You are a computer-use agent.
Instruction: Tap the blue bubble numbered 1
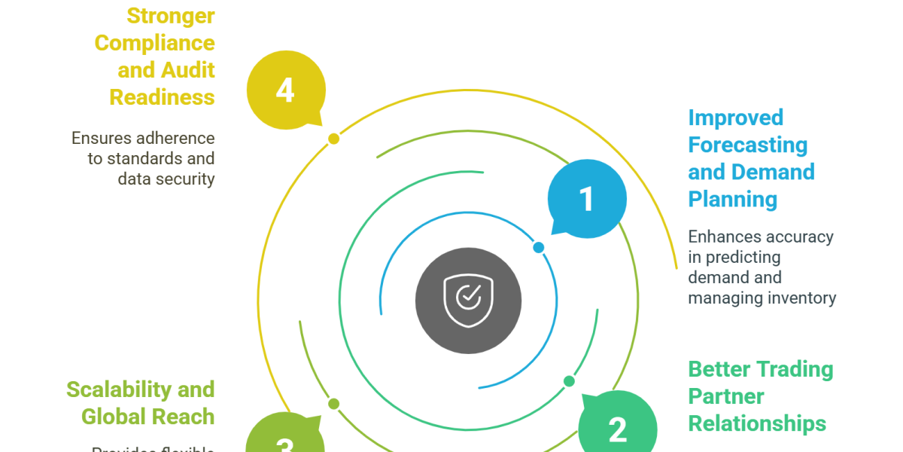coord(586,198)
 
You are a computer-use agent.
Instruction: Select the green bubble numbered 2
coord(617,428)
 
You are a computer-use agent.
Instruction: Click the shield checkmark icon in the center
coord(468,300)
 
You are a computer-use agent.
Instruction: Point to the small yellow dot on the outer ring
coord(334,139)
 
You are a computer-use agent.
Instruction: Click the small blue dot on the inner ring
coord(538,247)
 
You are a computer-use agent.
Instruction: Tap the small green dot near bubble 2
coord(569,381)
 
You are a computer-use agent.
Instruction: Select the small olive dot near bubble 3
coord(334,404)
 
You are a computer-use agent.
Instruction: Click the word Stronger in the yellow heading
coord(170,16)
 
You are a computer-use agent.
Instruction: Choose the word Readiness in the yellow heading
coord(162,97)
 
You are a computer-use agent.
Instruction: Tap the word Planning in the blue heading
coord(732,199)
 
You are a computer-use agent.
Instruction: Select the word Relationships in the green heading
coord(757,423)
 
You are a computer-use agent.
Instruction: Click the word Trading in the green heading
coord(795,369)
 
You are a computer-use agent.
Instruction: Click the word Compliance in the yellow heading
coord(155,43)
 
